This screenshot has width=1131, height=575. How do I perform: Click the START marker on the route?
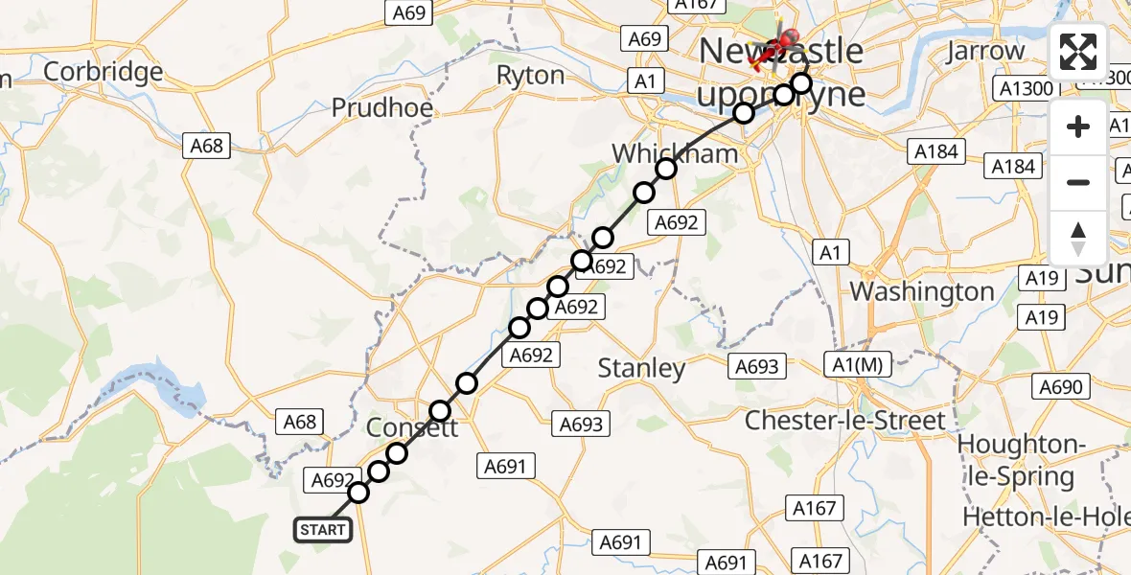point(323,530)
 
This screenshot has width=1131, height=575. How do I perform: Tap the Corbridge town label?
point(104,72)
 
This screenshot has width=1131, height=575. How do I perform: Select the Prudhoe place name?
point(382,107)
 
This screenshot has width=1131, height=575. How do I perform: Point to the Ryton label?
point(530,75)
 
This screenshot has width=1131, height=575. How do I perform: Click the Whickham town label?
point(675,153)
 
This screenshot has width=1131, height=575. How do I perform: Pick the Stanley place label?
point(641,368)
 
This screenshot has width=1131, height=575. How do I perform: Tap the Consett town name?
point(412,427)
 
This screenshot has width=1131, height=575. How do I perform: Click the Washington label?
point(922,291)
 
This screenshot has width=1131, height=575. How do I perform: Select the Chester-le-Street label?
point(844,420)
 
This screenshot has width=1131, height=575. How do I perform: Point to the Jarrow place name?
point(984,51)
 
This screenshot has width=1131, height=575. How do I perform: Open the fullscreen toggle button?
point(1078,52)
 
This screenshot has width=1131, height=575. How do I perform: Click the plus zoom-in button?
point(1078,126)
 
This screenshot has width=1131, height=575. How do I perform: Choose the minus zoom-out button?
point(1078,182)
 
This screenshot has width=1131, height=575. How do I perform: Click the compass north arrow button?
point(1078,238)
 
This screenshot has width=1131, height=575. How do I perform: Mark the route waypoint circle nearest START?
point(358,493)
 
